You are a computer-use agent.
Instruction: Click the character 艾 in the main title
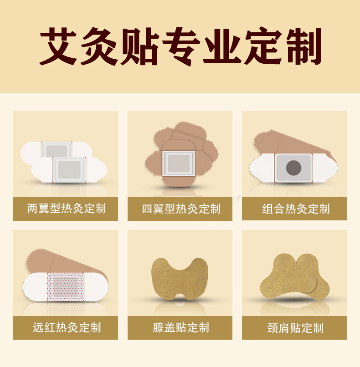coord(58,46)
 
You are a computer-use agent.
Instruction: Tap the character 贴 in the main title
coord(140,46)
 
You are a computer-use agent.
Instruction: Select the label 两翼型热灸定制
coord(67,209)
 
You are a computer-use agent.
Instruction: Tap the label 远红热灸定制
coord(67,327)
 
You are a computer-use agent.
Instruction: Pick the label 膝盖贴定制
coord(181,327)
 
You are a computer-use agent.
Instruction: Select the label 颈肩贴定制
coord(295,328)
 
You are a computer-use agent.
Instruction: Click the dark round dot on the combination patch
coord(293,168)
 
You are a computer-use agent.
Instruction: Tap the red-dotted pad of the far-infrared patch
coord(66,287)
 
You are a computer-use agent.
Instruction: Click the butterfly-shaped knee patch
coord(180,279)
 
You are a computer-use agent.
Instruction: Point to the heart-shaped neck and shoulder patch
coord(295,276)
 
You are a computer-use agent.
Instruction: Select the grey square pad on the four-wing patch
coord(179,163)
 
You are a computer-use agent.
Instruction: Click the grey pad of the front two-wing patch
coord(69,170)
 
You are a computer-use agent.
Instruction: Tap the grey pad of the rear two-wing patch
coord(57,150)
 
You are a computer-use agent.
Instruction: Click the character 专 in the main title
coord(181,46)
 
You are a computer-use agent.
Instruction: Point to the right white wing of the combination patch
coord(325,168)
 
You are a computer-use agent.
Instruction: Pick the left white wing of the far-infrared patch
coord(35,287)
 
